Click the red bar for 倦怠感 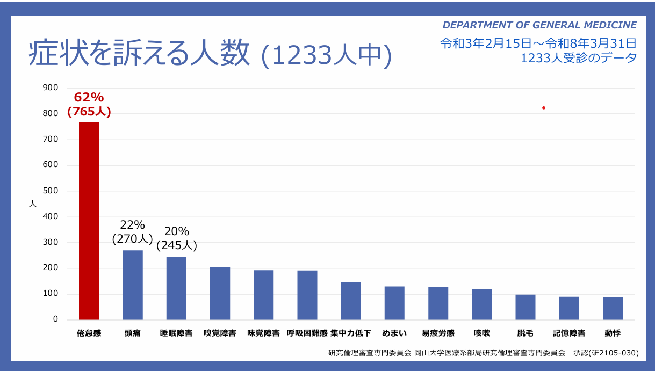[x=89, y=221]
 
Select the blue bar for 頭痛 [x=133, y=285]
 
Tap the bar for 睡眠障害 [x=176, y=288]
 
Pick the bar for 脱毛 [x=525, y=307]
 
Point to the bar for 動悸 [x=613, y=309]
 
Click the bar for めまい [x=394, y=303]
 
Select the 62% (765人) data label [x=89, y=105]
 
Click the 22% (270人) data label [x=132, y=232]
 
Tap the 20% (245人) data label [x=177, y=238]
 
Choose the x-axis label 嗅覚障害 [x=220, y=333]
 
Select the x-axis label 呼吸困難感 [x=307, y=333]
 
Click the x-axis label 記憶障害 [x=569, y=333]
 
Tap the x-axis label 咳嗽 [x=481, y=333]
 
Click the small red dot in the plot [x=544, y=108]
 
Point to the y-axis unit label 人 [x=33, y=204]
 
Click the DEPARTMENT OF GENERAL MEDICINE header [x=539, y=25]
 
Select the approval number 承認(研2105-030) [x=606, y=353]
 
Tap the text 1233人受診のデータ [x=579, y=58]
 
